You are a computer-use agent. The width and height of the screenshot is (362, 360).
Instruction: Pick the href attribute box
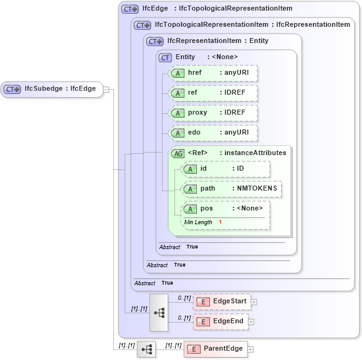(214, 73)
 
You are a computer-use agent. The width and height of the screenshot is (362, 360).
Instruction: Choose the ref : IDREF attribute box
(214, 93)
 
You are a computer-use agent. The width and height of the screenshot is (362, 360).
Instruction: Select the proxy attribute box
(214, 113)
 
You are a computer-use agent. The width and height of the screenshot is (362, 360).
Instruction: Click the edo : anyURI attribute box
(214, 133)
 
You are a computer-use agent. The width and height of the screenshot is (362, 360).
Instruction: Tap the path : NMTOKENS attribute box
(231, 189)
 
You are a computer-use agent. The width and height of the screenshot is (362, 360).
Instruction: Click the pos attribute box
(226, 209)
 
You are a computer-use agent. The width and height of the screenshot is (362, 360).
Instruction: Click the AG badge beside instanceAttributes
(178, 153)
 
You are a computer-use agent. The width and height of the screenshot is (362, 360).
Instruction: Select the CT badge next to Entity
(166, 57)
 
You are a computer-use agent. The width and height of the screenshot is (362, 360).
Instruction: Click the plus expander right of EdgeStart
(254, 302)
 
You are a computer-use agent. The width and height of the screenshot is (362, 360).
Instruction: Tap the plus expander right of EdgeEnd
(251, 321)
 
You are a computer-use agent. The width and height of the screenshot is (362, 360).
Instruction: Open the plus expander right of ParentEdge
(250, 349)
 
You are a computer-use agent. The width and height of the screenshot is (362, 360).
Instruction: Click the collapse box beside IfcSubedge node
(106, 89)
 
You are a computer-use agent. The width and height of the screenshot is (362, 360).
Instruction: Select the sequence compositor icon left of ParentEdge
(146, 349)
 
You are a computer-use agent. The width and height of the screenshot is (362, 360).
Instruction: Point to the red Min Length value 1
(220, 222)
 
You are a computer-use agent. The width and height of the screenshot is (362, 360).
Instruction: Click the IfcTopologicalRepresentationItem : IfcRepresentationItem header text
(252, 25)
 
